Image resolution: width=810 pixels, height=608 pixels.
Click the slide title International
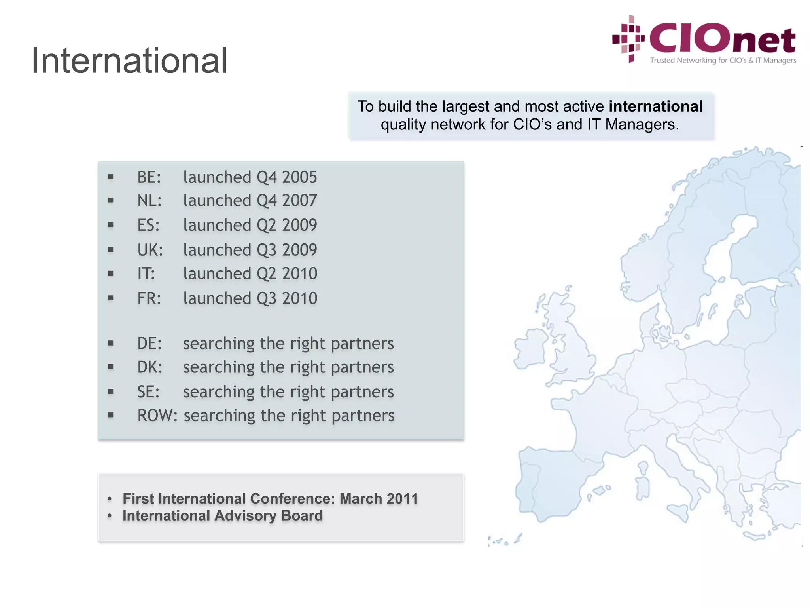coord(129,61)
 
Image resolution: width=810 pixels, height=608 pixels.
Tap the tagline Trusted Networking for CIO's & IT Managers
coord(723,60)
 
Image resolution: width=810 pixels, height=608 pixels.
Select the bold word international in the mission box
coord(655,106)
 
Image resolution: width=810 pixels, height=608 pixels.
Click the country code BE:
coord(149,177)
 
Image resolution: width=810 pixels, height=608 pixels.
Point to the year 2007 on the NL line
coord(299,200)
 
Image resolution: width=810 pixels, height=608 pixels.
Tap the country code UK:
coord(150,250)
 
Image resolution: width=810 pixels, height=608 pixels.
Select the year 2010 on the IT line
coord(299,274)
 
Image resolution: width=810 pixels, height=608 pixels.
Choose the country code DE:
coord(150,343)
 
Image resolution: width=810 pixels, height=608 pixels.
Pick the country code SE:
coord(148,392)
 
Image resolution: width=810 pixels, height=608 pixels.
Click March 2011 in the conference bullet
coord(379,498)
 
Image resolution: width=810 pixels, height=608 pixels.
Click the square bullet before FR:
coord(111,298)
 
